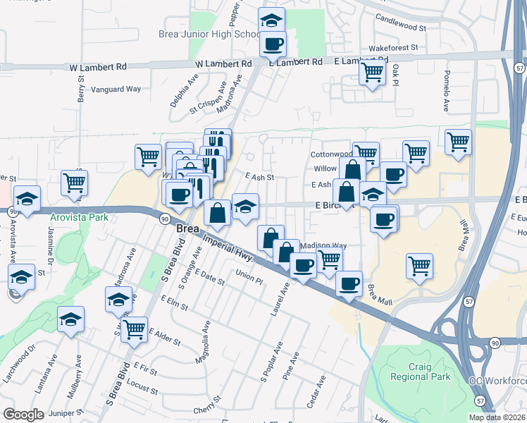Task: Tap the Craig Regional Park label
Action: point(428,372)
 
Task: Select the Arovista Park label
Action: point(80,218)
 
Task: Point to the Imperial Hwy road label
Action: point(227,246)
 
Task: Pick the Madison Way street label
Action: point(324,245)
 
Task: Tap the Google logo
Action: point(23,415)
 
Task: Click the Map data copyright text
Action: point(497,417)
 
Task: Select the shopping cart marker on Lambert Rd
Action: point(372,72)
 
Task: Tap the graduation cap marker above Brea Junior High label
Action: point(271,20)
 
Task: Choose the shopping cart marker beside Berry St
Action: point(73,182)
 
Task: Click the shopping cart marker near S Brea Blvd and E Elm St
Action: point(134,329)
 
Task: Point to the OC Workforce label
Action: point(498,381)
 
